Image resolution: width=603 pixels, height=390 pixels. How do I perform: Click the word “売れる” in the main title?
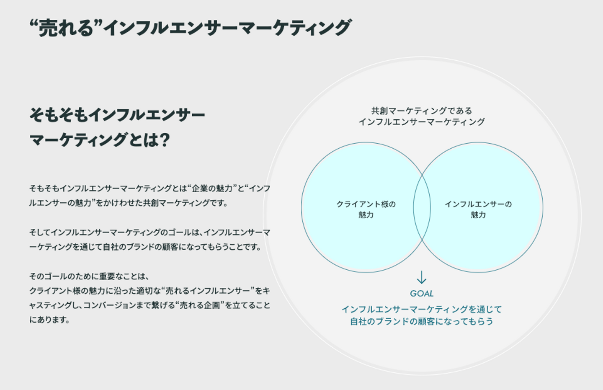(x=66, y=28)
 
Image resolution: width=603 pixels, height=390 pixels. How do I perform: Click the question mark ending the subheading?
(x=165, y=139)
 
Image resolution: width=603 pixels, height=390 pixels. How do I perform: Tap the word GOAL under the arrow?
(x=421, y=294)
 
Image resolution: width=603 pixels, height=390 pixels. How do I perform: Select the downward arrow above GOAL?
(x=421, y=277)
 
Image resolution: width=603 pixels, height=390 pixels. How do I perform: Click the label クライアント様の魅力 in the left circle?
(x=366, y=209)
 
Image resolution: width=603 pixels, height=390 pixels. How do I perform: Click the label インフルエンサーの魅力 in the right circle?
(x=478, y=209)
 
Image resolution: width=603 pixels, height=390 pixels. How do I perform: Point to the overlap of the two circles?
(x=422, y=207)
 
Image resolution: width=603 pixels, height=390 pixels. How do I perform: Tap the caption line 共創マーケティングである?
(x=421, y=111)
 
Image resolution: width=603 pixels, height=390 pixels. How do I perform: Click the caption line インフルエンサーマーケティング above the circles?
(x=421, y=122)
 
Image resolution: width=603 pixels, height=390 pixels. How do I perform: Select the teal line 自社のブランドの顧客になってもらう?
(x=421, y=321)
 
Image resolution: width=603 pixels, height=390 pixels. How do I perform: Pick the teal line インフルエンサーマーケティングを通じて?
(x=421, y=310)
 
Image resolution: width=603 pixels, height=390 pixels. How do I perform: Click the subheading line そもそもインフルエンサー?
(x=117, y=115)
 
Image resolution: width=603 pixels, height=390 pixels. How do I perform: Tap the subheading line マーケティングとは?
(x=99, y=139)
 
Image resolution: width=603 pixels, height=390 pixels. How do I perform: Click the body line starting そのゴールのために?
(x=89, y=276)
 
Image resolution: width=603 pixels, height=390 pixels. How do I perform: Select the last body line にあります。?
(x=49, y=320)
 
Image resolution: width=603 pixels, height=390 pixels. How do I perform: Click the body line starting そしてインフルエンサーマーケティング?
(x=149, y=232)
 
